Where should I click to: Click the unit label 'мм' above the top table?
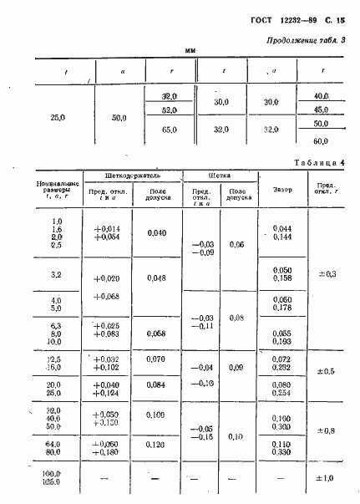pos(190,53)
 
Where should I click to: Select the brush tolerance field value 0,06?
pos(236,245)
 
